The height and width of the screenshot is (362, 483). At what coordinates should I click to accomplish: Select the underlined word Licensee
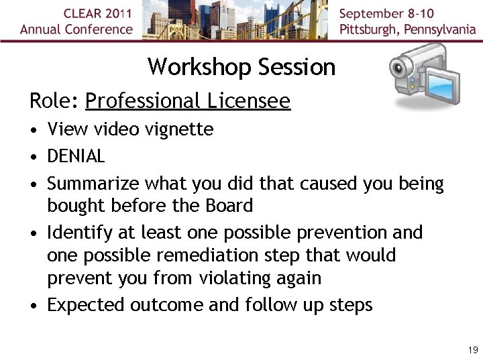click(x=249, y=101)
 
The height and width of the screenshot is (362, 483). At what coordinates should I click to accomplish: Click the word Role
click(x=53, y=101)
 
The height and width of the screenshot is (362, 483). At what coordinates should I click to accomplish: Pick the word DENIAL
click(x=76, y=156)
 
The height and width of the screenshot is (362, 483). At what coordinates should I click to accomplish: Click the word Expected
click(x=85, y=305)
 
